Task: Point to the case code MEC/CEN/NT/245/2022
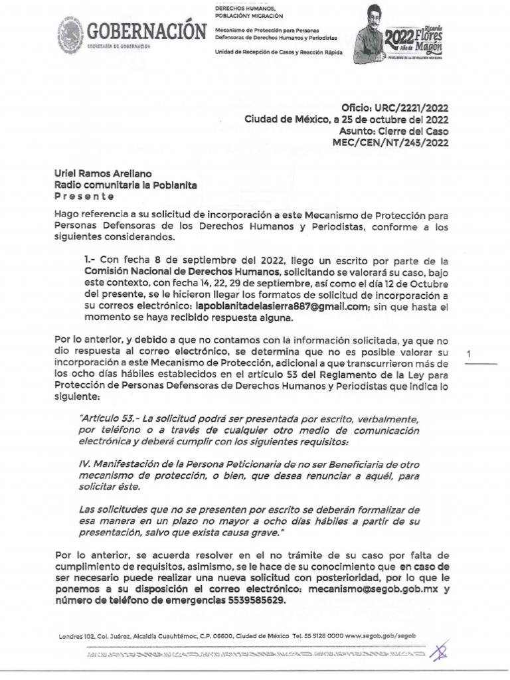(394, 142)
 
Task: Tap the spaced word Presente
(84, 197)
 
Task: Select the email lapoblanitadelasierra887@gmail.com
(282, 306)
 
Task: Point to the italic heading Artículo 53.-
(106, 420)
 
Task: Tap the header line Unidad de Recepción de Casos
(278, 52)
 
